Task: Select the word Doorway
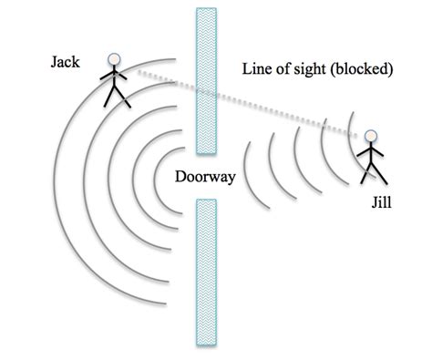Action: (x=206, y=178)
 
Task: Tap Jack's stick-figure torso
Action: (x=114, y=79)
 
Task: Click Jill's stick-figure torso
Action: (x=371, y=156)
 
